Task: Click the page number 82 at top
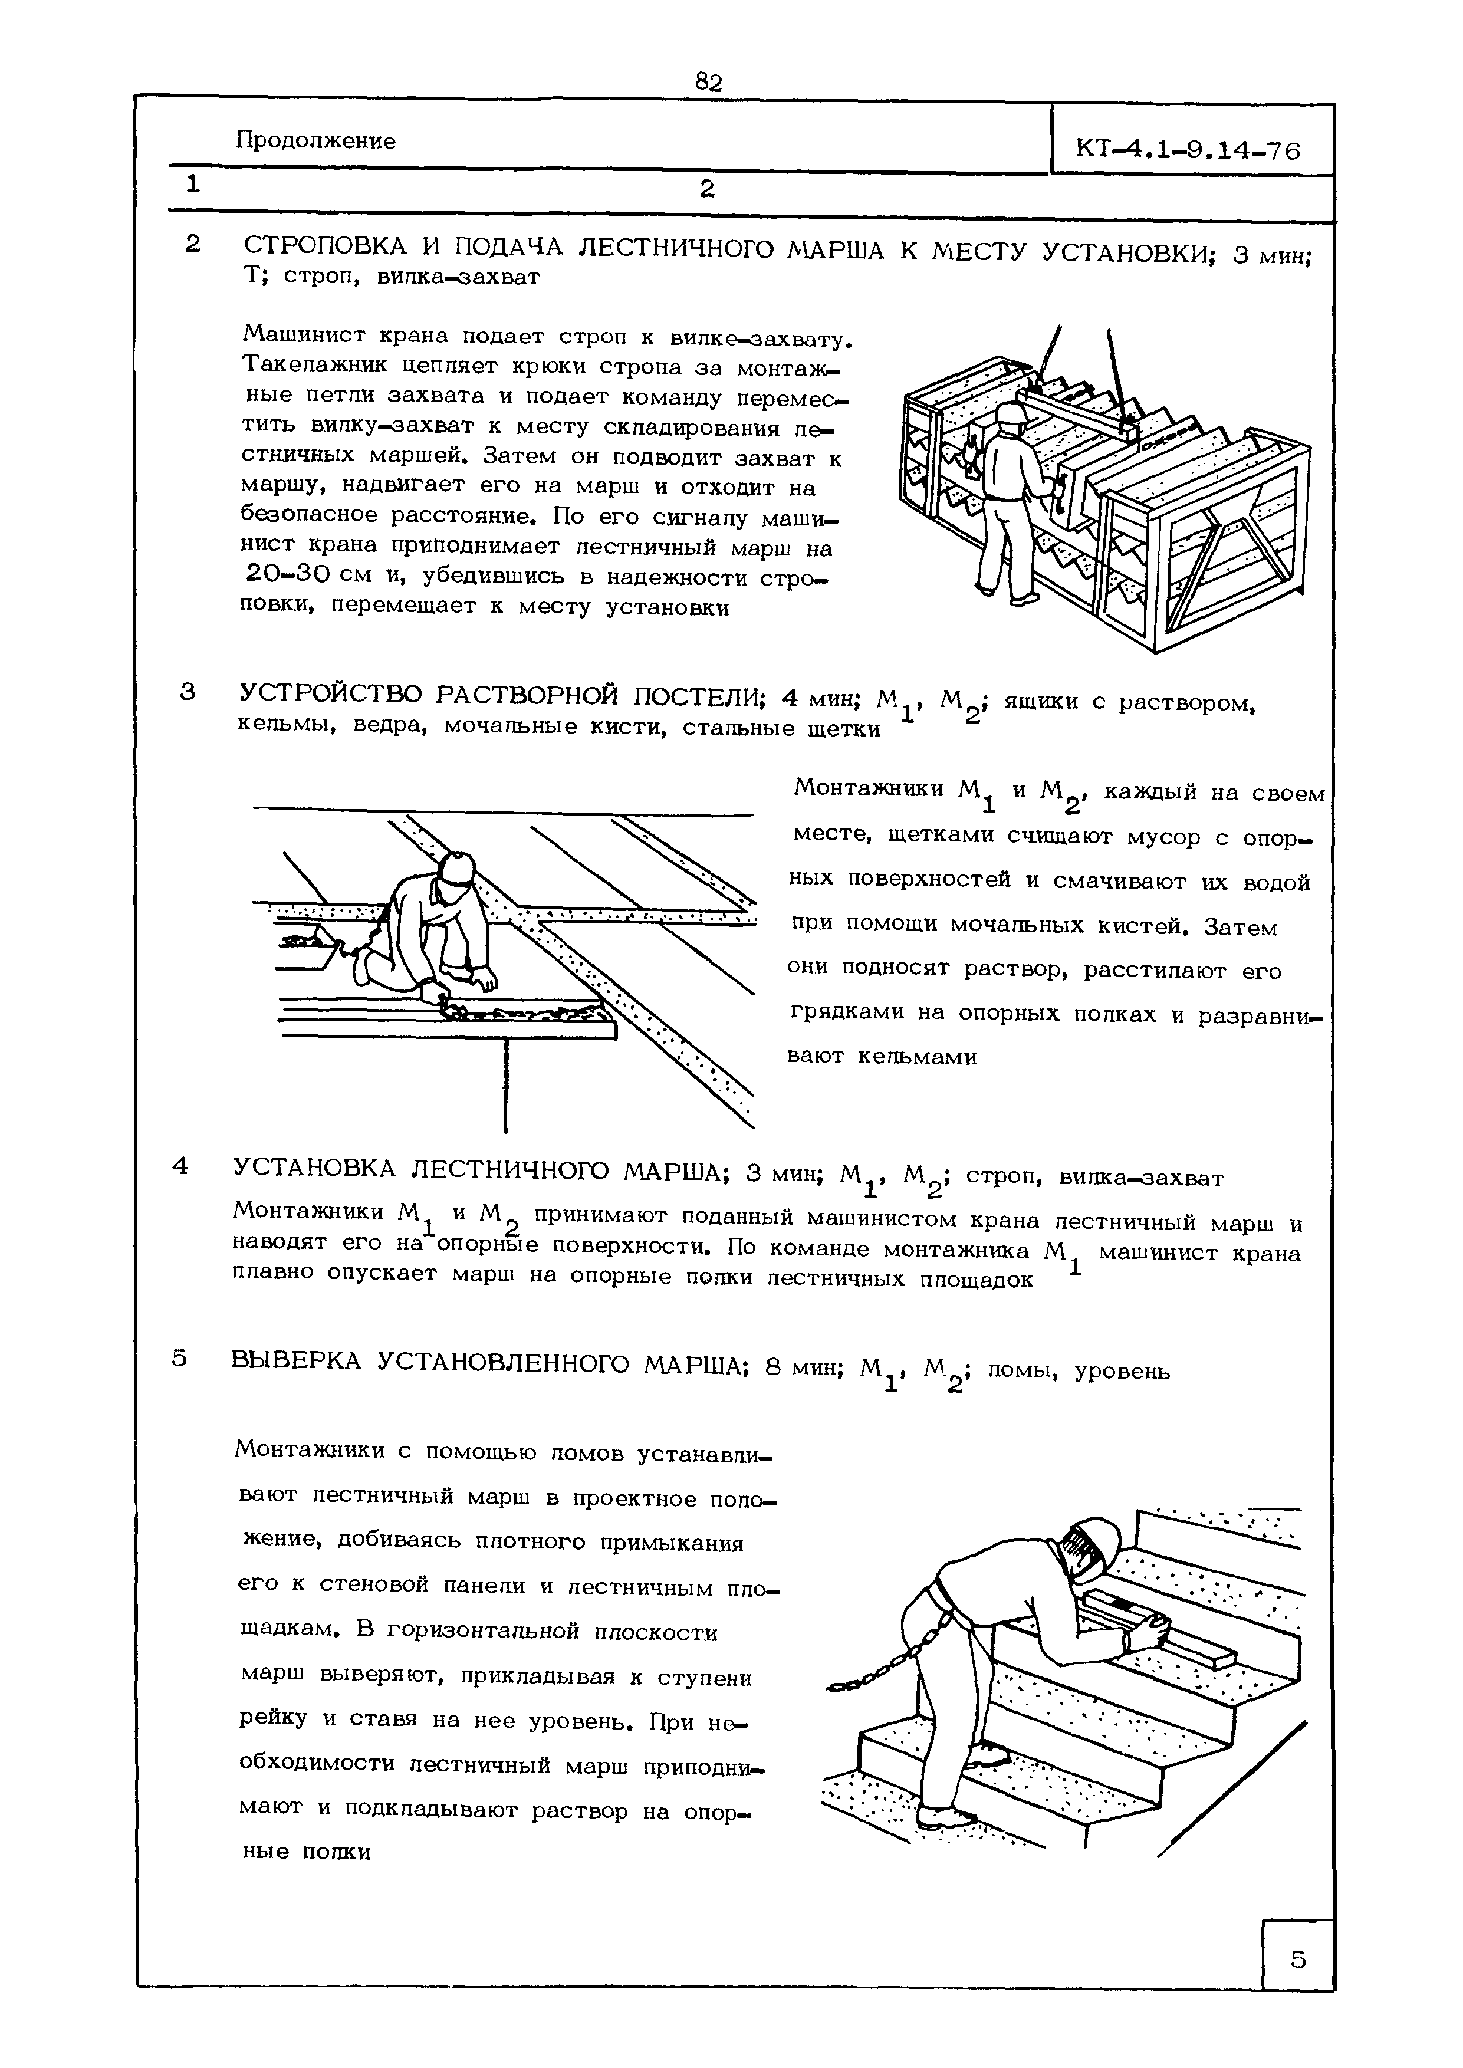pos(709,83)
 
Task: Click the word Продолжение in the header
pos(315,142)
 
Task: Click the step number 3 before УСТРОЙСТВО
pos(188,692)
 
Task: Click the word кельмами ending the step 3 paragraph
pos(917,1057)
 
